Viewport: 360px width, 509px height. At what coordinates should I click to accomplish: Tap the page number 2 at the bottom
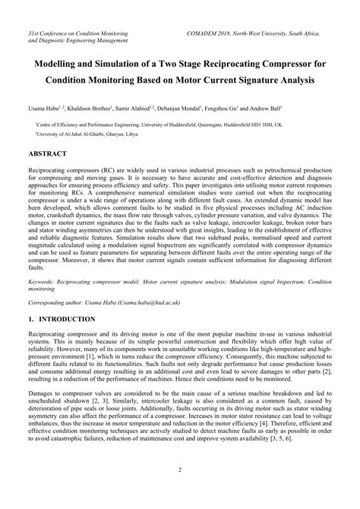tap(180, 491)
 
